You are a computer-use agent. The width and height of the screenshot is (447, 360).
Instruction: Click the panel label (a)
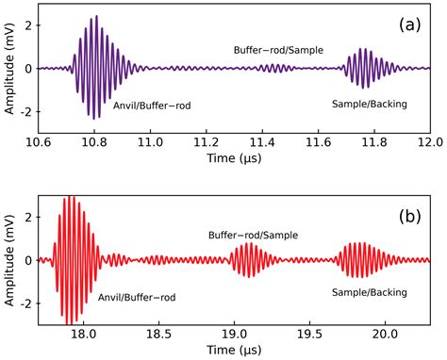410,25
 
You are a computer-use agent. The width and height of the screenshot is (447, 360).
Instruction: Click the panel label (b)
410,216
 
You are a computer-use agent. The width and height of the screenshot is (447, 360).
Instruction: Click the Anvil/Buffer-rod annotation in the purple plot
152,105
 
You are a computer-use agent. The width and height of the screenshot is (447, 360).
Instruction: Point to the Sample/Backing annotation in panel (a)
370,103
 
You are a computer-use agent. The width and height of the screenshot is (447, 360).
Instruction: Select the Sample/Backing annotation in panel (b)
370,293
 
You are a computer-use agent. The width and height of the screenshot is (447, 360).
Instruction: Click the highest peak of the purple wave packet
95,17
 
